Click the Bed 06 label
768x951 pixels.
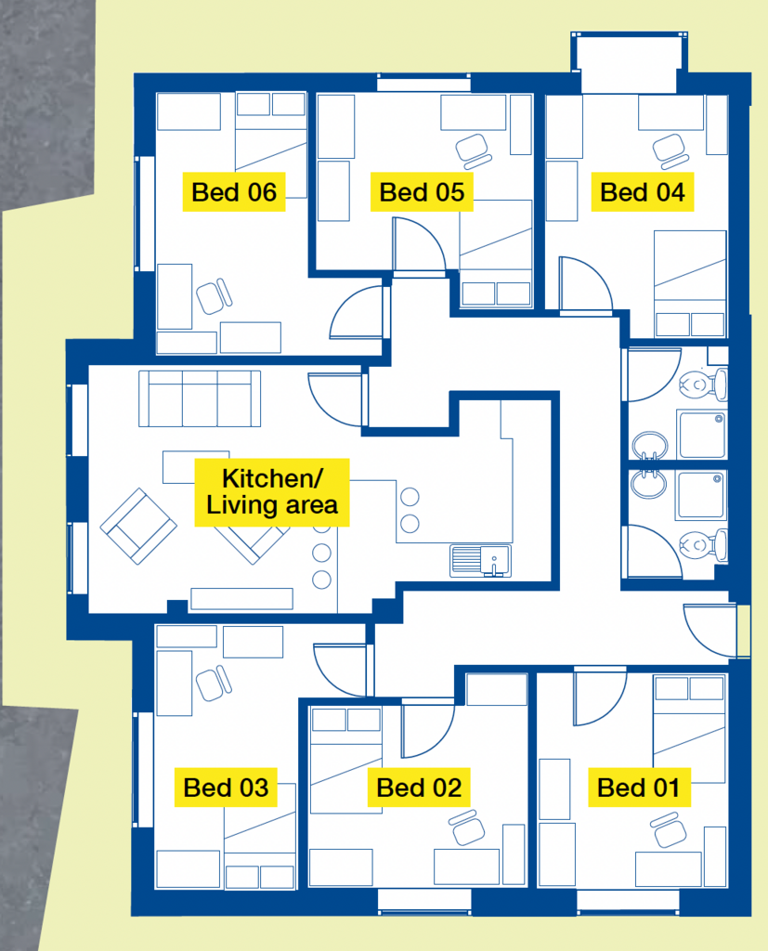point(234,192)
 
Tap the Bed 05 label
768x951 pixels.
point(422,192)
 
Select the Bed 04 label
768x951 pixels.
point(643,192)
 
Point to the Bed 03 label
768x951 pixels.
point(226,788)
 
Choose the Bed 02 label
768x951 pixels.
point(419,788)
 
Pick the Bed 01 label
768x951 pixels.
point(639,788)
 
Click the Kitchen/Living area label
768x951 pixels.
point(272,492)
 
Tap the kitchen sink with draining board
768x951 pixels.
point(480,560)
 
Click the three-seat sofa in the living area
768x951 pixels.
point(200,398)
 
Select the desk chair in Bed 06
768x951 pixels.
point(214,296)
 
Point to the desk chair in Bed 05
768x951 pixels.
point(474,151)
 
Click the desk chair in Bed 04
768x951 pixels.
point(670,151)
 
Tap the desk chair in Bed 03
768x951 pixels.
point(214,683)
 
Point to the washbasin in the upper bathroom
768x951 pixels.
point(650,447)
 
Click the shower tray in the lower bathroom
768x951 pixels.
point(702,496)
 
